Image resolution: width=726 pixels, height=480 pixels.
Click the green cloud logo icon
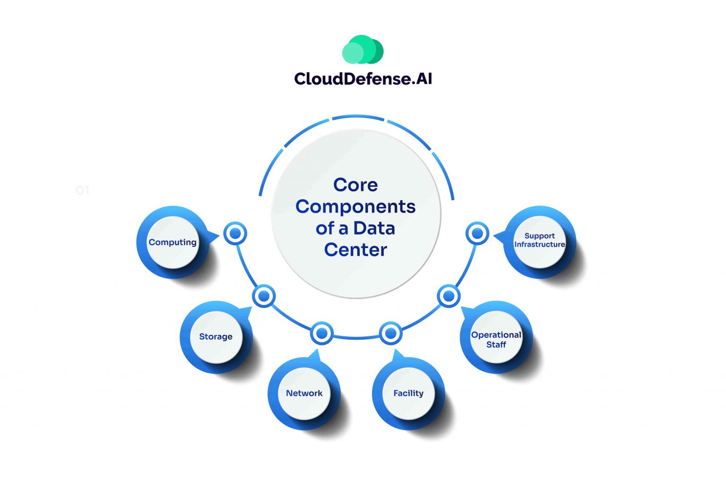click(363, 50)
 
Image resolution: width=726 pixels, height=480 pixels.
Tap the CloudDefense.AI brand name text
click(363, 78)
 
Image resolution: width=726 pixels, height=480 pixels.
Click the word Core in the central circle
click(355, 185)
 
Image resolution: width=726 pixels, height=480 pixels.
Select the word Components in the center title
click(355, 206)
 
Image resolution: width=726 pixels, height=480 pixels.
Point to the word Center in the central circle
click(355, 249)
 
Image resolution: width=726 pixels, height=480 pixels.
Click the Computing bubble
click(173, 242)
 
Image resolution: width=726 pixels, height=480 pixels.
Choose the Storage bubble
click(216, 337)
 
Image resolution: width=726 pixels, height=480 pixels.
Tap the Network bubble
click(304, 393)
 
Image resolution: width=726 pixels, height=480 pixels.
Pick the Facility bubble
click(408, 393)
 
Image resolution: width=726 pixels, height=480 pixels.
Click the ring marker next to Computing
click(235, 233)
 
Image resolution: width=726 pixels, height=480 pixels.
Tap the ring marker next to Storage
click(264, 296)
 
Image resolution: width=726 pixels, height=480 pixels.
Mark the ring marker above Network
click(322, 334)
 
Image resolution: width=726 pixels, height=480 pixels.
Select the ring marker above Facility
click(390, 334)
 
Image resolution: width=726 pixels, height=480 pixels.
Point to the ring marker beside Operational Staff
click(448, 296)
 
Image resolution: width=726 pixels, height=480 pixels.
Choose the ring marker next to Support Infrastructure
click(477, 233)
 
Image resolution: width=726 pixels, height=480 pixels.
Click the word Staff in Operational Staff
click(496, 345)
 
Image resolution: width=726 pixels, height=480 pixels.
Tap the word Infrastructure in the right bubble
click(539, 245)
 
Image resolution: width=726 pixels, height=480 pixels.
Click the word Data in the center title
click(374, 228)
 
